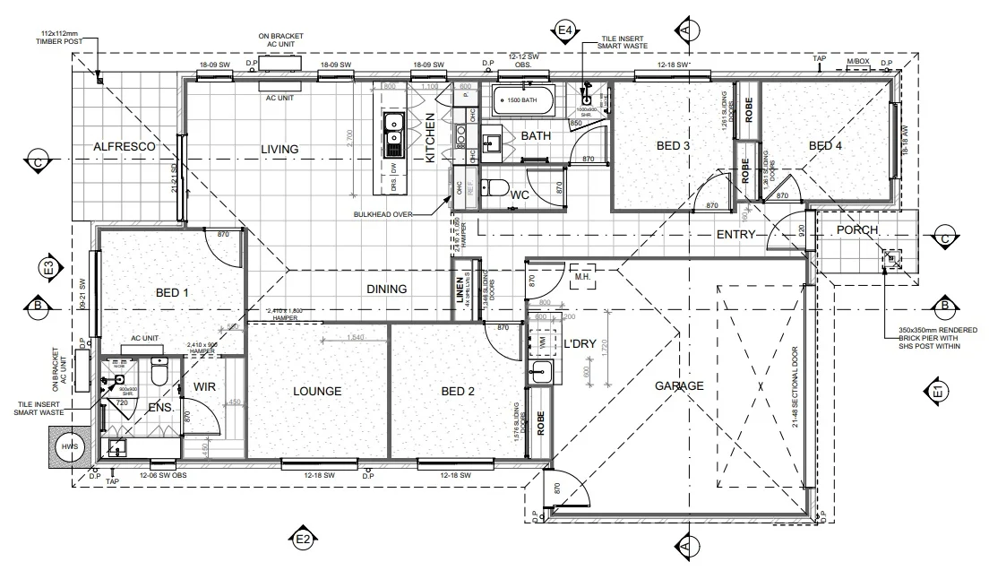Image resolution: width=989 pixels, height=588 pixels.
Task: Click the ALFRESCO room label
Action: pyautogui.click(x=125, y=145)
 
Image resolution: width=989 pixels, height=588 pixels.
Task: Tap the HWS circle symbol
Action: pyautogui.click(x=67, y=446)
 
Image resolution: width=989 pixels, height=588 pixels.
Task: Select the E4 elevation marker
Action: pyautogui.click(x=565, y=30)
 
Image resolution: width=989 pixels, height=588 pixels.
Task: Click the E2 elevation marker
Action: pyautogui.click(x=302, y=539)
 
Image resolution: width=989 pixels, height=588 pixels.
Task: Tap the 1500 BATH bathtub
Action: pyautogui.click(x=520, y=101)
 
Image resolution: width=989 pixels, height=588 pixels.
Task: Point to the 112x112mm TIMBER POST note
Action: pyautogui.click(x=60, y=37)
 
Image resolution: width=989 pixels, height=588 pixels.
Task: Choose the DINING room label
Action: pyautogui.click(x=386, y=289)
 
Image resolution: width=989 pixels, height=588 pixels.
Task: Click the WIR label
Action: pyautogui.click(x=207, y=387)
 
